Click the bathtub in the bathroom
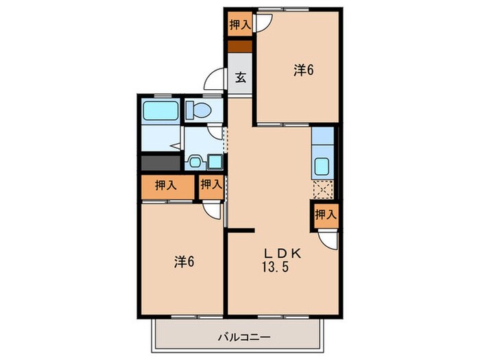(x=160, y=110)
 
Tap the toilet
(x=200, y=110)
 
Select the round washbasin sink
(x=194, y=163)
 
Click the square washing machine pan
(x=214, y=162)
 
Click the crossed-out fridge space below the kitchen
(x=322, y=189)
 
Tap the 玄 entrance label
(x=241, y=77)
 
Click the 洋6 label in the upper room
(x=304, y=69)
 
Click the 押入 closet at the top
(x=240, y=25)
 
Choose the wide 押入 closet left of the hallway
(x=166, y=184)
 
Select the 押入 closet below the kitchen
(x=326, y=215)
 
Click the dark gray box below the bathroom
(x=160, y=163)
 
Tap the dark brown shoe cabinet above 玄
(x=240, y=47)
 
